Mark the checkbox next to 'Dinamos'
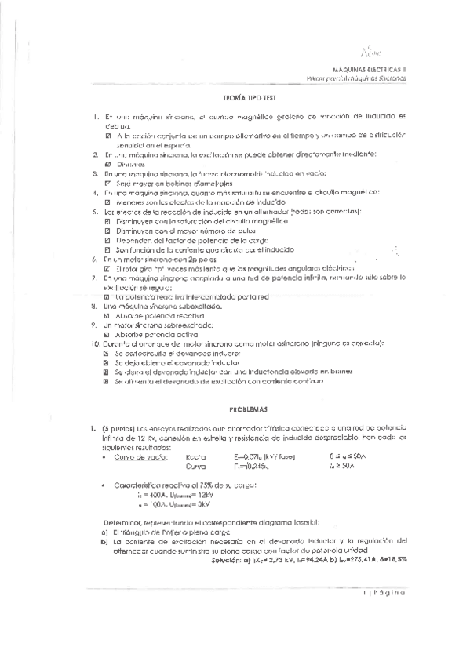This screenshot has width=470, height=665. coord(108,165)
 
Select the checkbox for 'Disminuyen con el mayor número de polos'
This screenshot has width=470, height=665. coord(107,232)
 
